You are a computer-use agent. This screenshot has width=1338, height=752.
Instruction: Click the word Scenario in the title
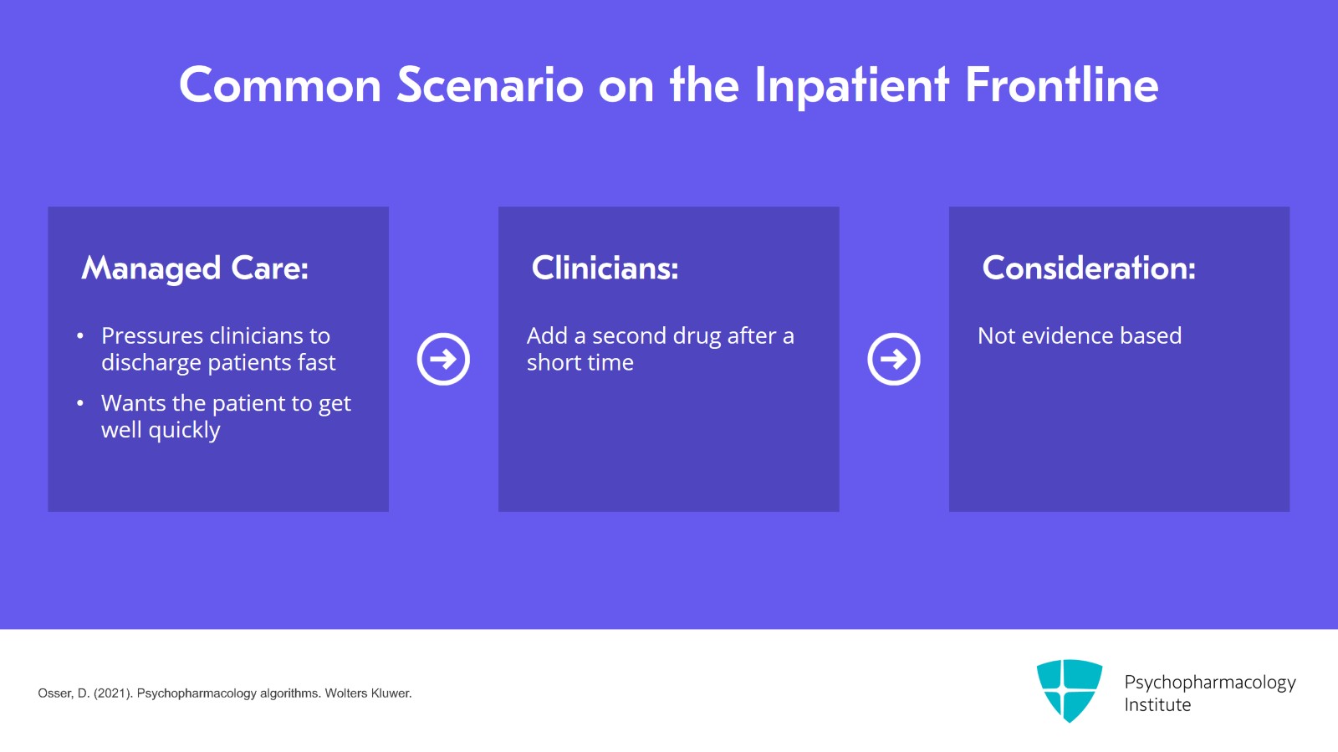pos(489,85)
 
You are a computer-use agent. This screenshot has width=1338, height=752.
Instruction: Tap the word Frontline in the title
pos(1061,85)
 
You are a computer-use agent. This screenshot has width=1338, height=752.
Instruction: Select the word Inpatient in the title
pos(851,85)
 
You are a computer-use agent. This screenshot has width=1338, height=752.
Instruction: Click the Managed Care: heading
pos(195,269)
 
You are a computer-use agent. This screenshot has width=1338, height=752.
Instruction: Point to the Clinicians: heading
pos(605,269)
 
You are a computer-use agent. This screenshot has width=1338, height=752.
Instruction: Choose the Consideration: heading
pos(1088,269)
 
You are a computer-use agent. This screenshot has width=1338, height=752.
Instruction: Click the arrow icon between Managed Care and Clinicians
pos(443,359)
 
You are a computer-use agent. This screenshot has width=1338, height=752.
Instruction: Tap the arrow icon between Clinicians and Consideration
pos(893,359)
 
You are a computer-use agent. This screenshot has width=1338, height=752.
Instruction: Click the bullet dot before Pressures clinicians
pos(80,336)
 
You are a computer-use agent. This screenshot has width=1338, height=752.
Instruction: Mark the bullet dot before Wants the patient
pos(80,403)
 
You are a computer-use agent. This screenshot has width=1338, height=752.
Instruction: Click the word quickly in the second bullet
pos(184,430)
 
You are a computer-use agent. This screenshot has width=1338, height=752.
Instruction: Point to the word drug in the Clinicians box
pos(697,336)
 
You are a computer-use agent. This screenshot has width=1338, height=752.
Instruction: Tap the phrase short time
pos(580,363)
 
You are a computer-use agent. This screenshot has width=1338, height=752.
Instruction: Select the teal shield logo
pos(1069,690)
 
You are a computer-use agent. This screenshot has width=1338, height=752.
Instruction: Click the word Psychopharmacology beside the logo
pos(1209,683)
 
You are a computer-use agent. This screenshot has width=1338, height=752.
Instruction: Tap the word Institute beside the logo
pos(1157,705)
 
